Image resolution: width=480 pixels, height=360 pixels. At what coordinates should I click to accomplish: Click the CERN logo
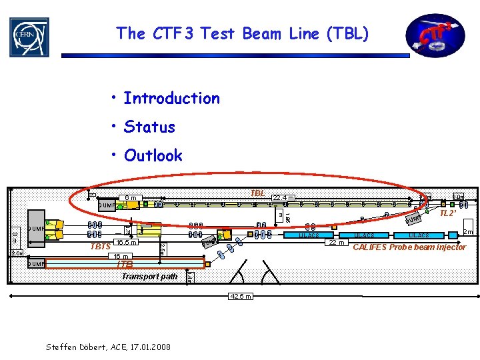29,37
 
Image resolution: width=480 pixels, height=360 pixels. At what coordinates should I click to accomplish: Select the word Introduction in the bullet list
171,99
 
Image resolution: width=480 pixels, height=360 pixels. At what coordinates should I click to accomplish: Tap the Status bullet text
149,127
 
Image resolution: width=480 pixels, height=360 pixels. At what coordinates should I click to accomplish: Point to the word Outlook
153,156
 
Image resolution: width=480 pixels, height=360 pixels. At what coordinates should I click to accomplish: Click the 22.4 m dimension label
285,197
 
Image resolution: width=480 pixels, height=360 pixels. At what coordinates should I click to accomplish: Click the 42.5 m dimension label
239,296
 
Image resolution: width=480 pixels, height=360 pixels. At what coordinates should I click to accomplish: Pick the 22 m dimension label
335,242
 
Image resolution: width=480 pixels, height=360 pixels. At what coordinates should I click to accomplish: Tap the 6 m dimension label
131,197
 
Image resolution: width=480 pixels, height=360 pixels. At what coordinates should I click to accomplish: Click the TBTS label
100,247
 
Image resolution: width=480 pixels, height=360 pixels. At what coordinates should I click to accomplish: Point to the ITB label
125,265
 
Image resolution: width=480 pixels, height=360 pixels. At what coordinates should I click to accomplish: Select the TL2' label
448,214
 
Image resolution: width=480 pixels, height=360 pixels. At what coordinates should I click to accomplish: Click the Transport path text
149,276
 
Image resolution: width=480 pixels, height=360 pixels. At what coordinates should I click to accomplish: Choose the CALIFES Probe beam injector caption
409,248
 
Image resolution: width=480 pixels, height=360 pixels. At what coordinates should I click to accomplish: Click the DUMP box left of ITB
35,264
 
